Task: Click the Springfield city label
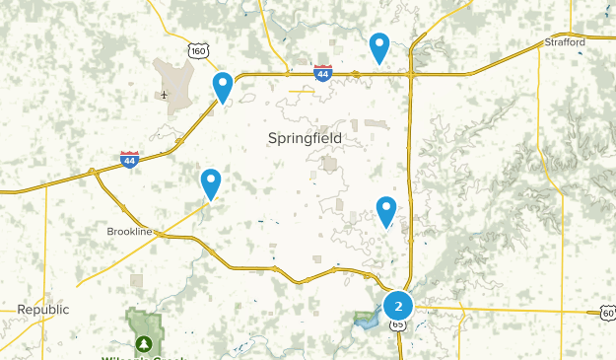click(x=305, y=139)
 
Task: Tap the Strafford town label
click(x=565, y=42)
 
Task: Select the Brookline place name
click(x=130, y=231)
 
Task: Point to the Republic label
click(x=43, y=310)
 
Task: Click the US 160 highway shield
click(x=199, y=51)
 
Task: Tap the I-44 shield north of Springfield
click(x=322, y=72)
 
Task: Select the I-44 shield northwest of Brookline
click(x=129, y=159)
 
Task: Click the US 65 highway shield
click(x=398, y=324)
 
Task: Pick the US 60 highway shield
click(x=607, y=313)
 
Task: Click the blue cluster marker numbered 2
click(x=398, y=306)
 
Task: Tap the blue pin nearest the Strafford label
click(x=379, y=46)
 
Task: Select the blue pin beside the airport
click(x=224, y=87)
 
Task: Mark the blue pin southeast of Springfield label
click(x=385, y=211)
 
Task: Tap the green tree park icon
click(x=145, y=343)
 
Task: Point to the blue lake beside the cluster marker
click(x=367, y=320)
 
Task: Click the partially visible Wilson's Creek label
click(x=142, y=356)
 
